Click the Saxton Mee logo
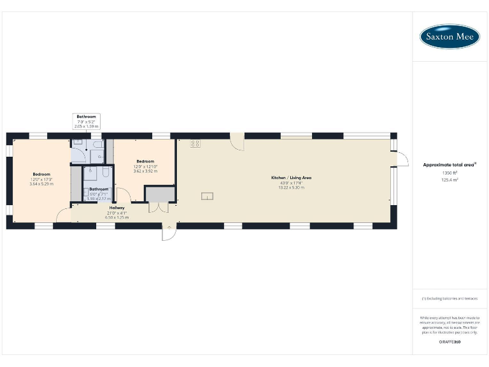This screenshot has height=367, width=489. (450, 36)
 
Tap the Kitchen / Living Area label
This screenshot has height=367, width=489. (291, 177)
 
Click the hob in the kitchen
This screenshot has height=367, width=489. (195, 144)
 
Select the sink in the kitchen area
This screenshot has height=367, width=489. (208, 196)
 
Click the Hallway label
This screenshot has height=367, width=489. (117, 208)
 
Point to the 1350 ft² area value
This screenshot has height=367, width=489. (450, 173)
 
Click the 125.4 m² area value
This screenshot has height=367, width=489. (450, 180)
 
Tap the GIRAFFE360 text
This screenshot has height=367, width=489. (450, 342)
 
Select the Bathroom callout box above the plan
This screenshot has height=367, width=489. (87, 122)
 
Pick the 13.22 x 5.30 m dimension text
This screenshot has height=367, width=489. (291, 187)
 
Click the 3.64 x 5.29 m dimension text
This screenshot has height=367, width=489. (42, 184)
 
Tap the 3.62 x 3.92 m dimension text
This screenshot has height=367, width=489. (145, 171)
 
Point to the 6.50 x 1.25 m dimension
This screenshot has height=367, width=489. (117, 217)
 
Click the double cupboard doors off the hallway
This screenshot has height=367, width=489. (158, 208)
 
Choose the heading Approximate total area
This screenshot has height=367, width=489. (449, 165)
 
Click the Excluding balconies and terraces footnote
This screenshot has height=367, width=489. (450, 298)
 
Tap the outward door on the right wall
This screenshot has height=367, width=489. (403, 159)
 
